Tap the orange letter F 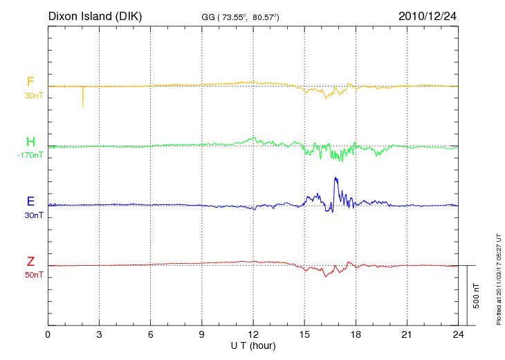[30, 82]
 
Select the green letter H [30, 143]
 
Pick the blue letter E [30, 202]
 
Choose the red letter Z [30, 262]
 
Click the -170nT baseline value [30, 156]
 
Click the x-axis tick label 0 [48, 334]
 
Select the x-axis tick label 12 [253, 334]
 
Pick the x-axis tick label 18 [356, 334]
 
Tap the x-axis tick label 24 [458, 334]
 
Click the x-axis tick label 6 [150, 334]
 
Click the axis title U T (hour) [253, 345]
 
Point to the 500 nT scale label [477, 295]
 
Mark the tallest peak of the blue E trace [336, 179]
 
